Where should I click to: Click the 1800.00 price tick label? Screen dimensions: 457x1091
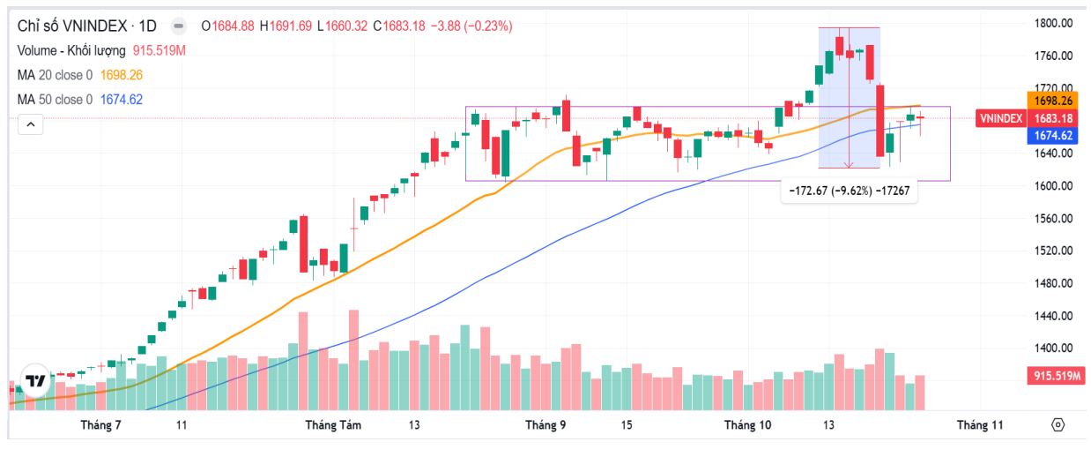[x=1053, y=23]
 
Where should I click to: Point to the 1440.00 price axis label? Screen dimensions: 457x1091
[x=1053, y=316]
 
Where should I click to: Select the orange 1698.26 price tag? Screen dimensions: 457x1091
[x=1054, y=101]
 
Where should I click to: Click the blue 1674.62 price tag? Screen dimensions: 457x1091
[x=1054, y=135]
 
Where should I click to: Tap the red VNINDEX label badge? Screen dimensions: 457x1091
[x=1001, y=118]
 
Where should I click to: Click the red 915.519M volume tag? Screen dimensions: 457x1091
[x=1058, y=377]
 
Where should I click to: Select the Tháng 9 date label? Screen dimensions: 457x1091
[x=545, y=425]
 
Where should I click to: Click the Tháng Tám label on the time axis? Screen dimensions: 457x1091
[x=334, y=425]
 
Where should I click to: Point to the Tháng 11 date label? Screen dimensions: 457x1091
[x=981, y=425]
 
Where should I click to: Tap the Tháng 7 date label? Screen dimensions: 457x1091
[x=100, y=425]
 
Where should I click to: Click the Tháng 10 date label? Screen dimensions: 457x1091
[x=747, y=425]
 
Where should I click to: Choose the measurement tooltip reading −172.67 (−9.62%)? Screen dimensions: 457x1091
[x=849, y=191]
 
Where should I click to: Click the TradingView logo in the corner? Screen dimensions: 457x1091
[x=35, y=381]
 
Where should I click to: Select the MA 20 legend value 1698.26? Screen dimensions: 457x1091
[x=122, y=75]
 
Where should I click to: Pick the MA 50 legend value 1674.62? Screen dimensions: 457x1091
[x=122, y=99]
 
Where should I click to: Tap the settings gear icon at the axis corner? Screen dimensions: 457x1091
[x=1058, y=425]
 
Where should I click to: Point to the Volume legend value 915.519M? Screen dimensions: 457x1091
[x=160, y=51]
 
